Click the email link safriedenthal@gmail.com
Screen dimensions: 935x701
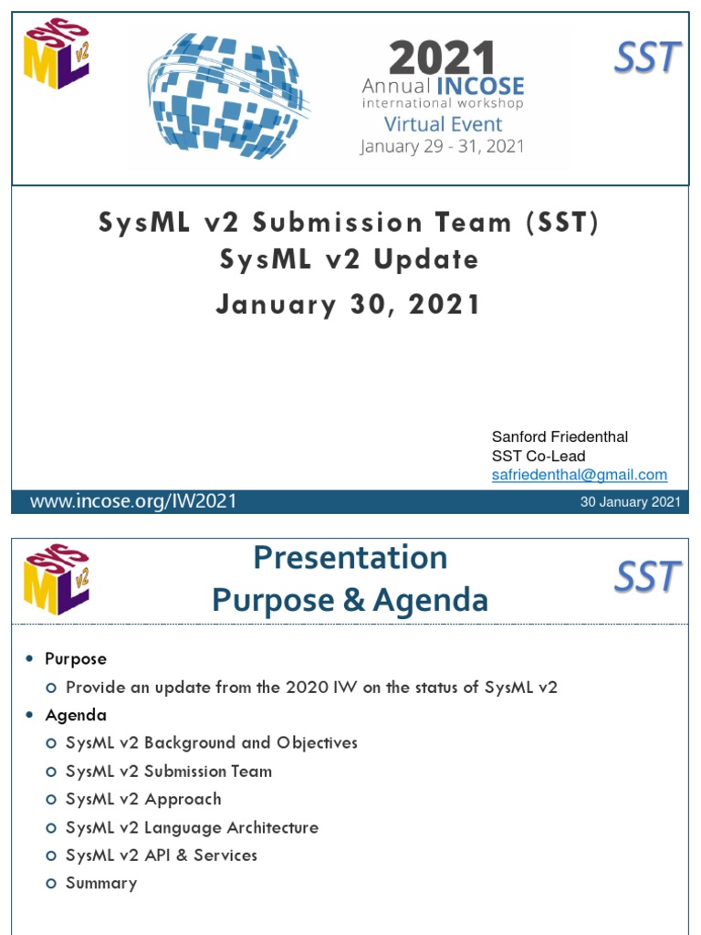579,475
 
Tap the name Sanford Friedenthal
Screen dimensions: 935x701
560,436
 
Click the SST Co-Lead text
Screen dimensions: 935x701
539,456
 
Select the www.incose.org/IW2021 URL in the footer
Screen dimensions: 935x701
133,501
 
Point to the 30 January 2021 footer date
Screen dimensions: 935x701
630,502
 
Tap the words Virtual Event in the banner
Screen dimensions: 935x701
443,124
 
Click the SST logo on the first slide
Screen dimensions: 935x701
646,59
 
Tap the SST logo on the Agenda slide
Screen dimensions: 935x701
646,577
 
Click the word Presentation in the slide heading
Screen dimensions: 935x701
350,557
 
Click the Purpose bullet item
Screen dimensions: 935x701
76,658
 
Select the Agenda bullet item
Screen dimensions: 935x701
76,715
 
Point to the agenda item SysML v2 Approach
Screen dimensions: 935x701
143,799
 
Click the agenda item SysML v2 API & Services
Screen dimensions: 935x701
162,855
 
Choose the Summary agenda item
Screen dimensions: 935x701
101,883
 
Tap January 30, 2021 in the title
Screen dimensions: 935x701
348,304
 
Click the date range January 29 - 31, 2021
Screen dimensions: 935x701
443,146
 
